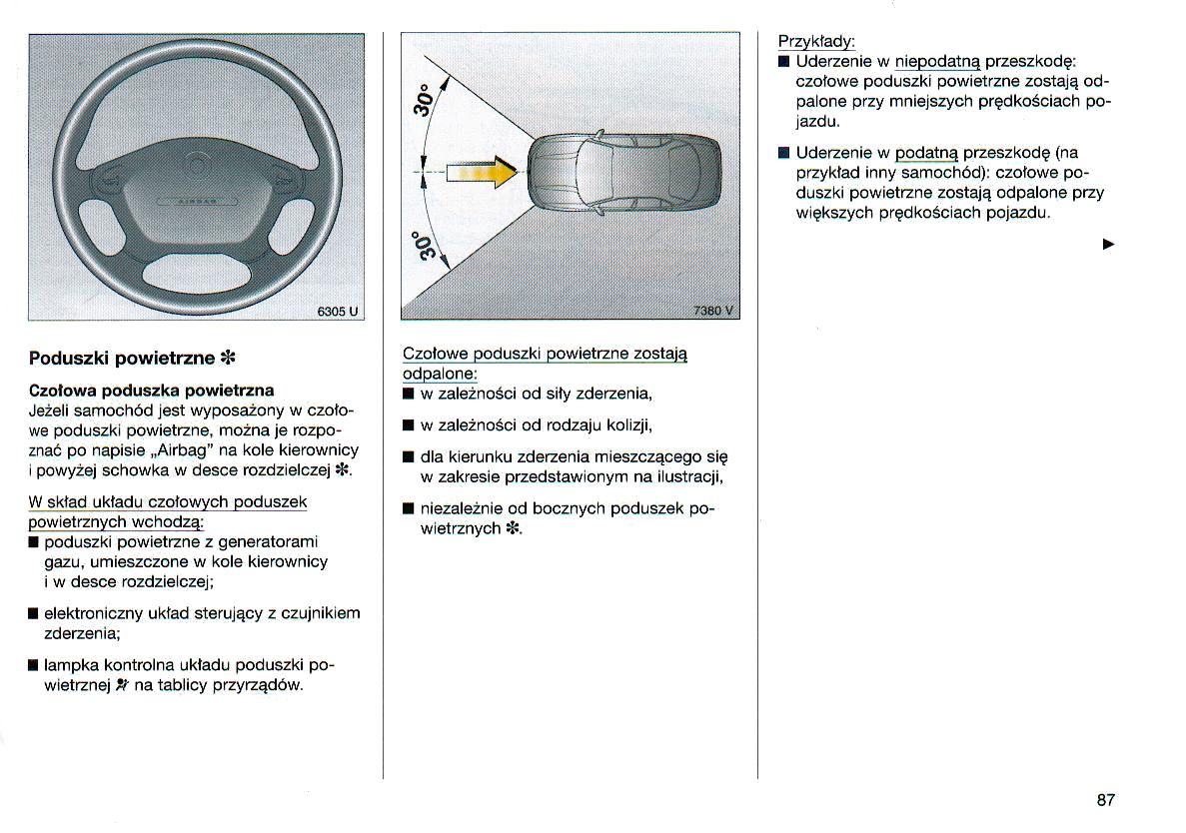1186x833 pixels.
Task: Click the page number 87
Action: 1105,799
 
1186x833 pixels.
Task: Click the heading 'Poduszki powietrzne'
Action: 116,358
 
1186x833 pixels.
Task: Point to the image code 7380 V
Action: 713,311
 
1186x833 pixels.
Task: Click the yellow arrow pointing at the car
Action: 484,174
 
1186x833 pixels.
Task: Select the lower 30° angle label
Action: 426,250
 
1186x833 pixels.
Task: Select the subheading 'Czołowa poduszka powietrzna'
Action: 152,390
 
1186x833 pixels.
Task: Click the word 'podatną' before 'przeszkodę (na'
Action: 925,153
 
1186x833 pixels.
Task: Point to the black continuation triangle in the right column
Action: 1107,244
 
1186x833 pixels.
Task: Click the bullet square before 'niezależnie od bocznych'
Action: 408,508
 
